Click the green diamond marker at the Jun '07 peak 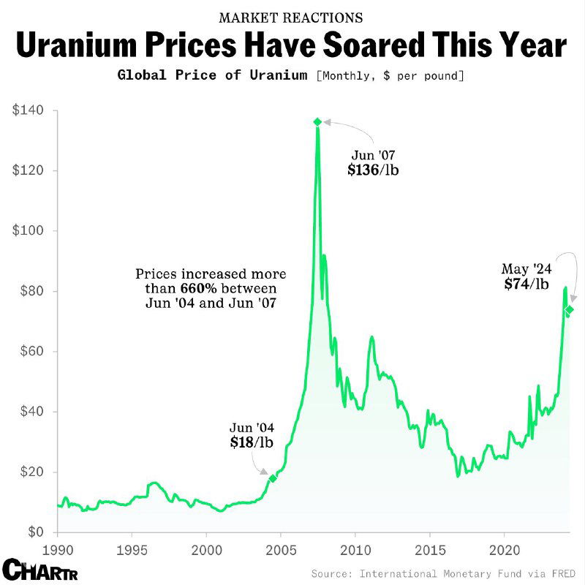[317, 121]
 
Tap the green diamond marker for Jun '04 [273, 478]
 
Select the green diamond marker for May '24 [569, 309]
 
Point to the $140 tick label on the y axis [28, 110]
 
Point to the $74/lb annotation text [526, 284]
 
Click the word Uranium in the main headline [88, 46]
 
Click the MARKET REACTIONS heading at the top [290, 16]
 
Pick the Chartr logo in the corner [39, 568]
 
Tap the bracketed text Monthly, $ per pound [390, 76]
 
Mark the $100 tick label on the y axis [28, 230]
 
